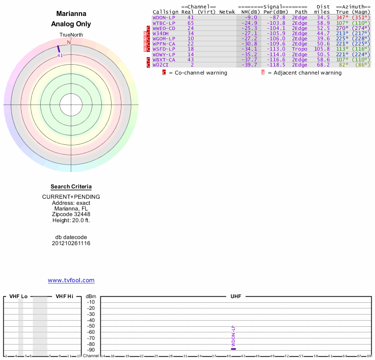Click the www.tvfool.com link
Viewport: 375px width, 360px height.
71,280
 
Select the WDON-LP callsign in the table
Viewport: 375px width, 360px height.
164,17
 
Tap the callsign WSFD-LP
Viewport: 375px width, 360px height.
164,49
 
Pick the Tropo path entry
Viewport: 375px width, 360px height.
300,49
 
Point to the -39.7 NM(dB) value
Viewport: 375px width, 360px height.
249,65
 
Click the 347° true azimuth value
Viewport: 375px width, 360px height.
342,17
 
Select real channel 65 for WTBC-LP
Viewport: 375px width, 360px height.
190,22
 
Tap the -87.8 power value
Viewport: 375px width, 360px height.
277,17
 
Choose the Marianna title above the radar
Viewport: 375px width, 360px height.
71,14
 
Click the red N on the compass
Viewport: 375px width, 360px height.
69,42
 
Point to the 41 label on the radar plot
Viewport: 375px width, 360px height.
60,55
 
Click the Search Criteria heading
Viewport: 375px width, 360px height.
71,187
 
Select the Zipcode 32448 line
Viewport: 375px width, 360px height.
71,214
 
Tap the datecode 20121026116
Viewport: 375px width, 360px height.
71,243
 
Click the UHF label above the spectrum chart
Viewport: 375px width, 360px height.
235,297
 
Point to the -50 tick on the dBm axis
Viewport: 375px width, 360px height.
91,326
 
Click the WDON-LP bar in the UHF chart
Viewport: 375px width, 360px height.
233,349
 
